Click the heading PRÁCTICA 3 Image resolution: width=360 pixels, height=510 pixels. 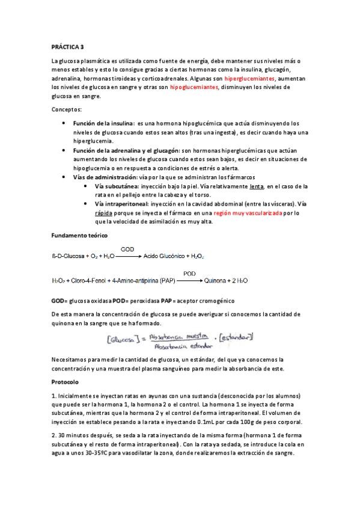[67, 46]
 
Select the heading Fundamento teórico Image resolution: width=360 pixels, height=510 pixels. [79, 235]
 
